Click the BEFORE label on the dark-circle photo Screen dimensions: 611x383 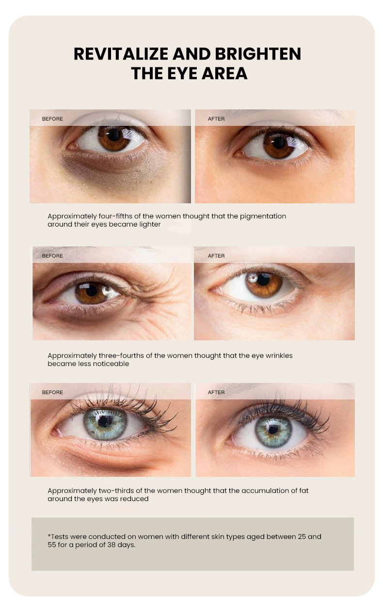point(52,119)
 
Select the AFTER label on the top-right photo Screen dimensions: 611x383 point(216,119)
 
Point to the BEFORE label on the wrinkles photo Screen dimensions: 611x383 point(52,256)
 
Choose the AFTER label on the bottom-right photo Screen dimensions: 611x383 point(216,392)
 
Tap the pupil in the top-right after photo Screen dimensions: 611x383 point(279,142)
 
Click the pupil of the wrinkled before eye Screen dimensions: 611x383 point(91,290)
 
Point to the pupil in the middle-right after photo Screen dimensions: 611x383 point(264,279)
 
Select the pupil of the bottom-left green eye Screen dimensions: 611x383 point(105,421)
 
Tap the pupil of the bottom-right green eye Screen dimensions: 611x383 point(273,429)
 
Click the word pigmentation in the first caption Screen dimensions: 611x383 point(263,216)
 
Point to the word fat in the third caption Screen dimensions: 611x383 point(303,490)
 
